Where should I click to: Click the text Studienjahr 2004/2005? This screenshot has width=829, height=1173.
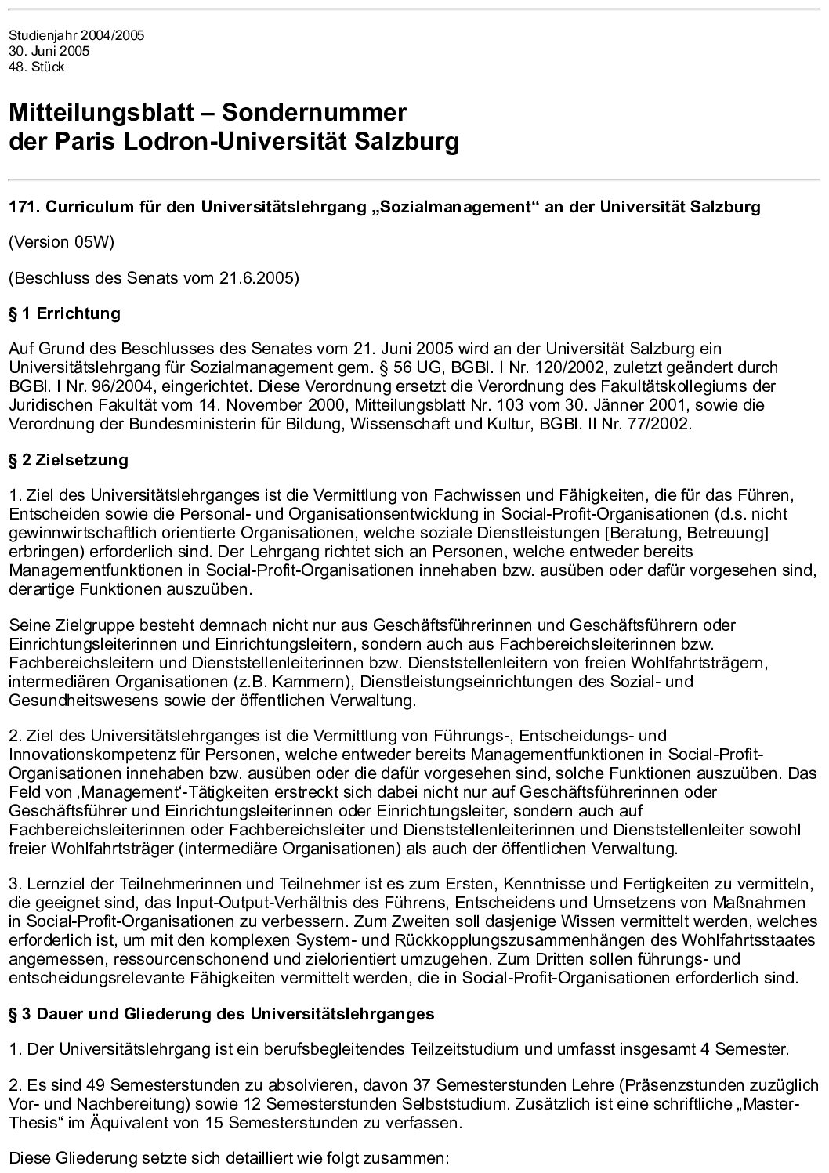[76, 36]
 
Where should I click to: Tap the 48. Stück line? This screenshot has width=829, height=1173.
[36, 67]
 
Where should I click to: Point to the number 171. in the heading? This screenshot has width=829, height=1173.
[24, 208]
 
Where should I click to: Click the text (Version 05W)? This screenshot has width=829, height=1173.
[61, 242]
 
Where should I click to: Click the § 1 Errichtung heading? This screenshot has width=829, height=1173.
[64, 313]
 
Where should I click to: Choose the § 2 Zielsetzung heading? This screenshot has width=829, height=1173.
[68, 460]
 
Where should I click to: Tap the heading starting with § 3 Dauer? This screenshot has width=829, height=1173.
[221, 1014]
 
